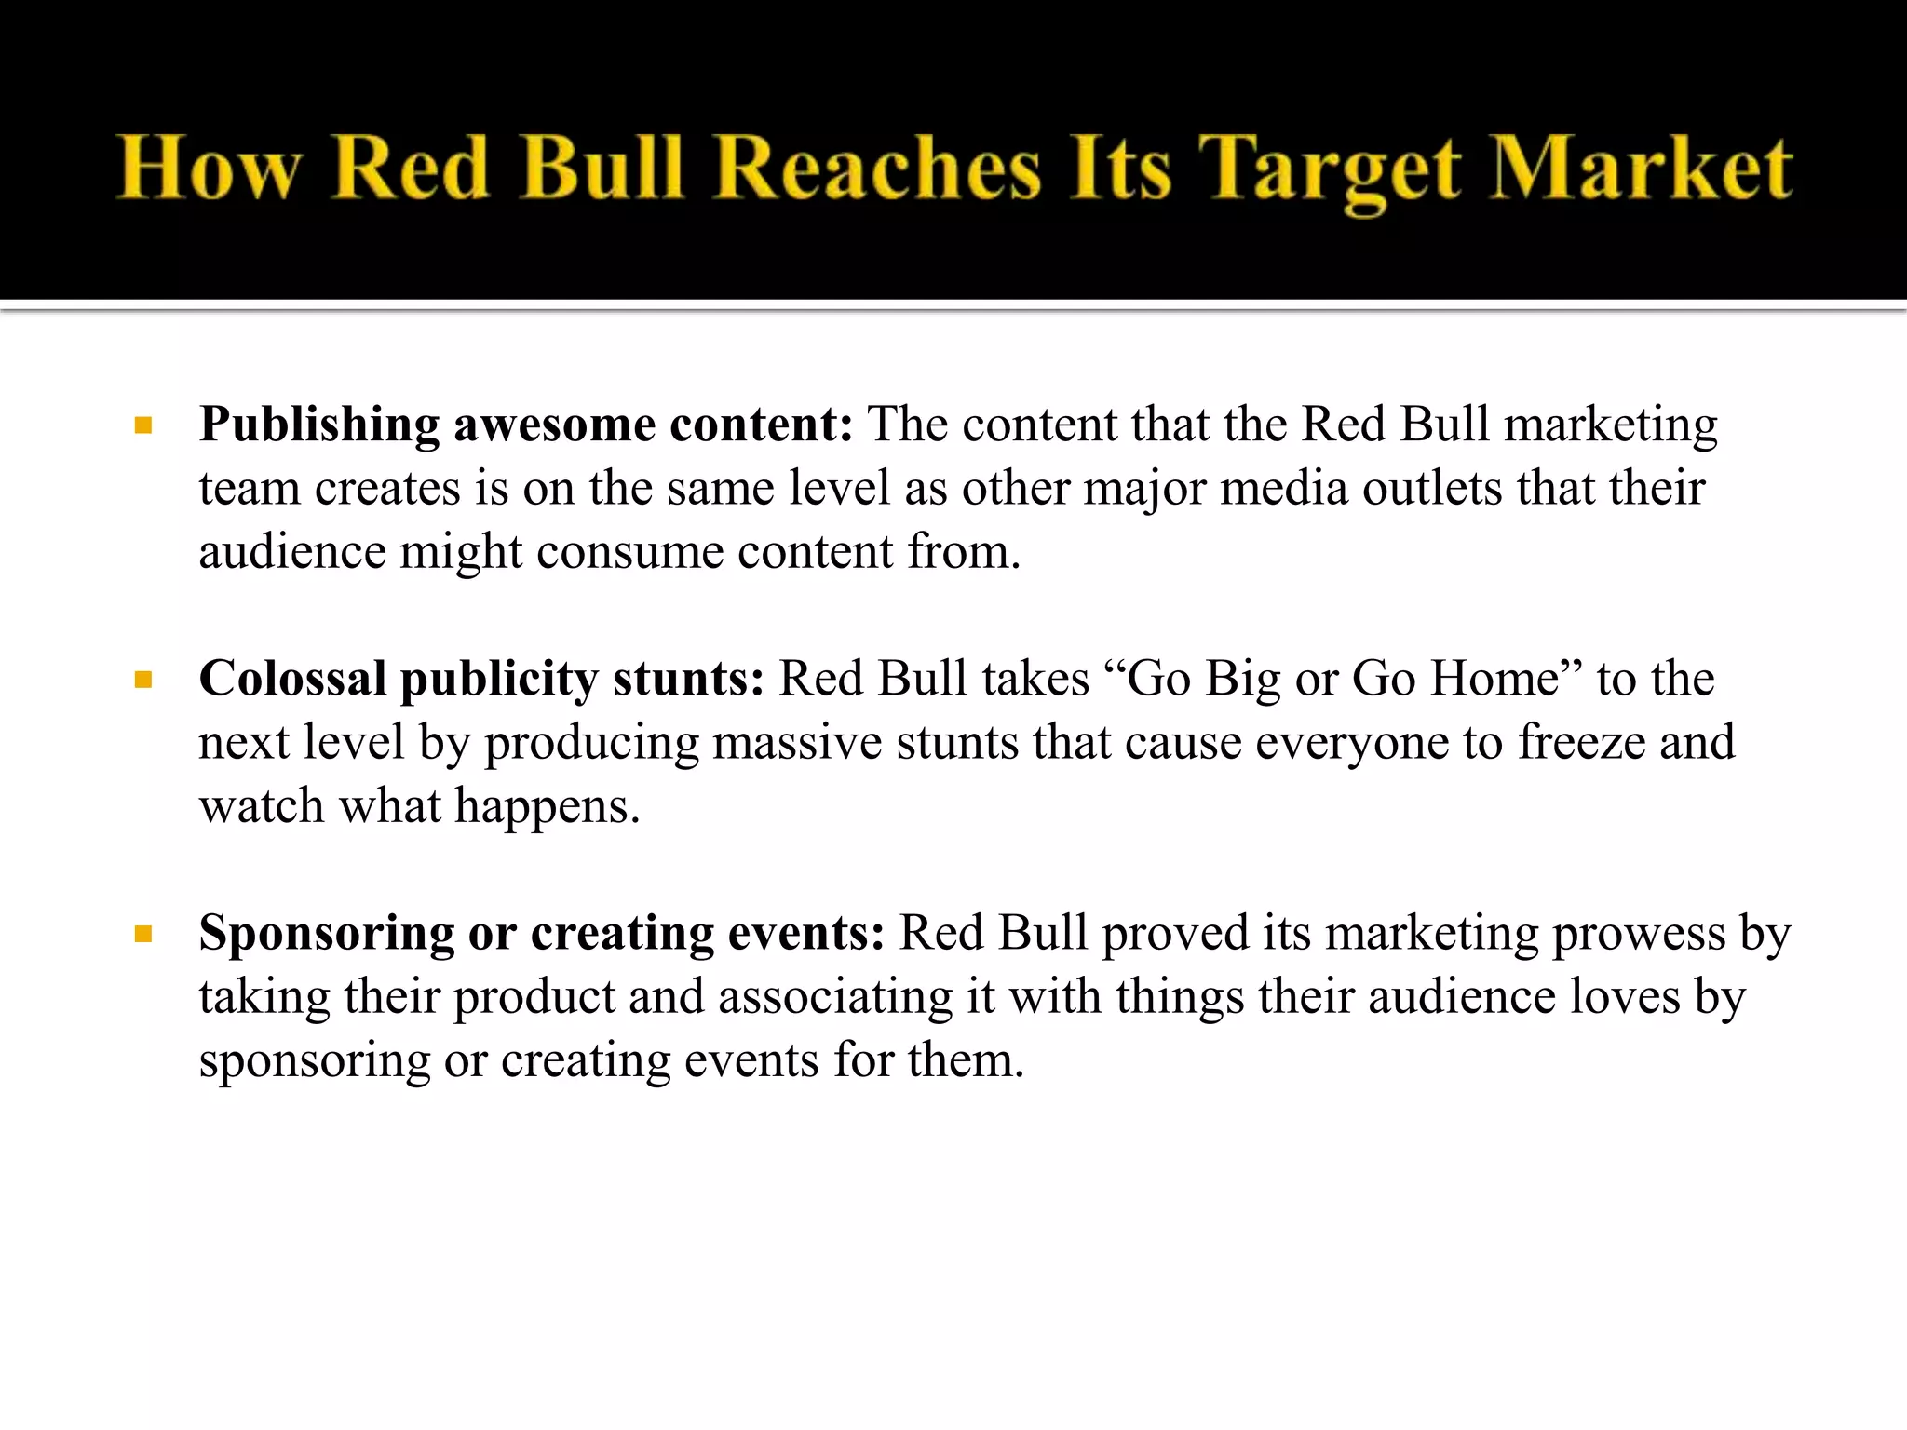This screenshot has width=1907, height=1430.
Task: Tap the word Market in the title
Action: (x=1641, y=169)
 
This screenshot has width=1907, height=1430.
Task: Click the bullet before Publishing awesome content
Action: (x=142, y=426)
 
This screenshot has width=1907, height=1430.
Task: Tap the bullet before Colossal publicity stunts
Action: (x=142, y=681)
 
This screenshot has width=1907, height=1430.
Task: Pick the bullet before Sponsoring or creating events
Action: (x=142, y=935)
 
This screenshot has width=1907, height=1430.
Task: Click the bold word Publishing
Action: (x=319, y=426)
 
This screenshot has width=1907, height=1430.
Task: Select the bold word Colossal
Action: (x=292, y=679)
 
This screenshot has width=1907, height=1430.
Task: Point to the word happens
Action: (x=547, y=807)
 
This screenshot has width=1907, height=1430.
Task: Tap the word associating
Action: (x=835, y=997)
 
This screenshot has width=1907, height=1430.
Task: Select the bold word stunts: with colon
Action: (x=688, y=679)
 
